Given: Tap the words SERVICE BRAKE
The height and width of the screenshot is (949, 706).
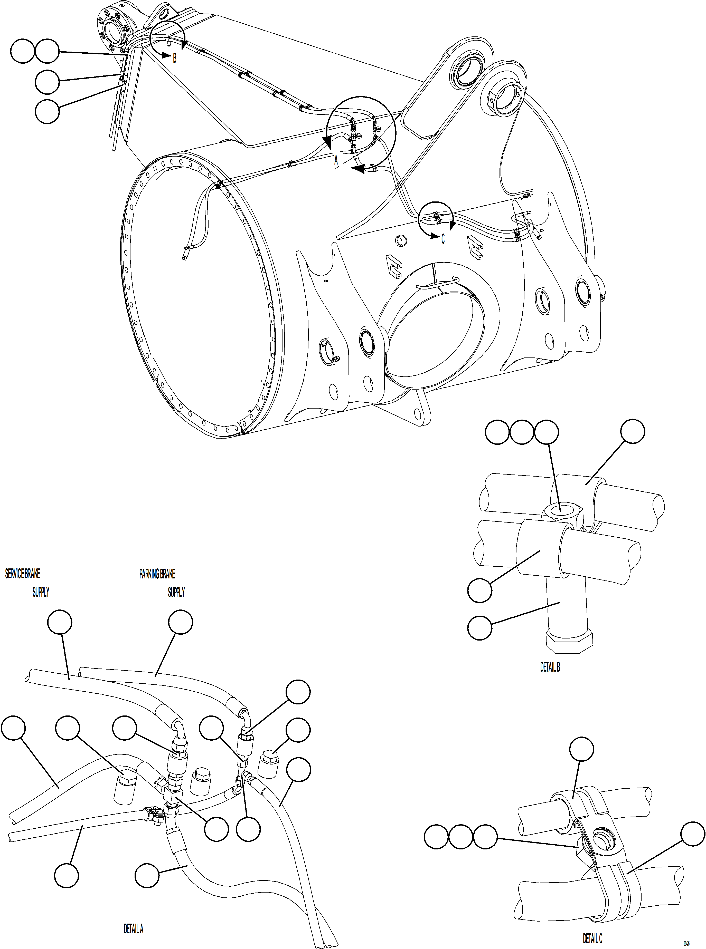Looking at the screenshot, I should click(23, 574).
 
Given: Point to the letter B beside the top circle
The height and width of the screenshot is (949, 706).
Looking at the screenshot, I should click(174, 59).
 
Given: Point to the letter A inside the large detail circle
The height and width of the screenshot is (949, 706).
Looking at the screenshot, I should click(336, 161).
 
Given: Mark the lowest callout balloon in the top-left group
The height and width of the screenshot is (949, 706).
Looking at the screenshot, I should click(47, 111).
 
